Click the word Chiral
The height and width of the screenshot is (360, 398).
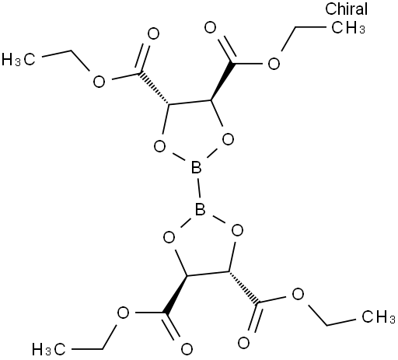[x=346, y=9]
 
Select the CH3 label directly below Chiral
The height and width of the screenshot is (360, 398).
[x=348, y=27]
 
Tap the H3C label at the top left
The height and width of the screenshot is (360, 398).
[x=18, y=59]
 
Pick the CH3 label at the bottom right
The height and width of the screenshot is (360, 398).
[x=379, y=316]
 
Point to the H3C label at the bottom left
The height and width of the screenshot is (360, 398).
[x=48, y=349]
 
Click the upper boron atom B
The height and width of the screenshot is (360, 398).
[x=196, y=167]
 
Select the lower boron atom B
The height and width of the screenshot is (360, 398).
[x=200, y=209]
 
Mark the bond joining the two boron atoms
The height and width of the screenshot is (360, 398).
[x=198, y=188]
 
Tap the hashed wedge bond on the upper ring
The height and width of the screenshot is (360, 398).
[x=154, y=89]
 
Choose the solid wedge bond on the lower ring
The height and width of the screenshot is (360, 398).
[x=176, y=295]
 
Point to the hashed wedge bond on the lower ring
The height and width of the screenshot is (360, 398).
[x=244, y=288]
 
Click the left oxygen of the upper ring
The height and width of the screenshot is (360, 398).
[x=159, y=146]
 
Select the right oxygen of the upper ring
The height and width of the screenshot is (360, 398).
[x=228, y=139]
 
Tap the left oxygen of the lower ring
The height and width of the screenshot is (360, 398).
[x=169, y=237]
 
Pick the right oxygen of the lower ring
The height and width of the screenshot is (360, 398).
[x=237, y=230]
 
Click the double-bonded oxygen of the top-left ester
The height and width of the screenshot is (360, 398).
[x=153, y=33]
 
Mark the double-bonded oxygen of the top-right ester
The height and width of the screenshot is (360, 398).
[x=210, y=27]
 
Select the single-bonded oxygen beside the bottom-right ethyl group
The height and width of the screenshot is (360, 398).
[x=298, y=295]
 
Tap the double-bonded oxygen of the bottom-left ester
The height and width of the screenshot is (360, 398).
[x=187, y=349]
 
